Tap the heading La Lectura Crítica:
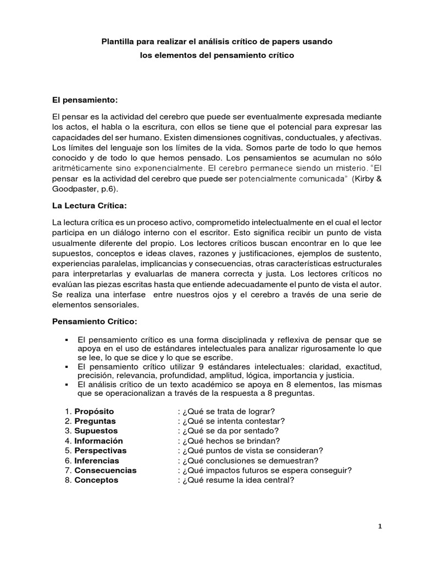pos(89,205)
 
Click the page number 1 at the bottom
pos(380,526)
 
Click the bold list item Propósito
pos(95,411)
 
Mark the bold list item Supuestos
pos(96,430)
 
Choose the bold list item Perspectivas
pos(101,450)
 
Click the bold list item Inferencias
pos(97,460)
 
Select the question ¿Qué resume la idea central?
pos(236,480)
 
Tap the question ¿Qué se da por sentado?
pos(229,430)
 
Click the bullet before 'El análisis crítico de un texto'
pos(66,385)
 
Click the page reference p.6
pos(108,189)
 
